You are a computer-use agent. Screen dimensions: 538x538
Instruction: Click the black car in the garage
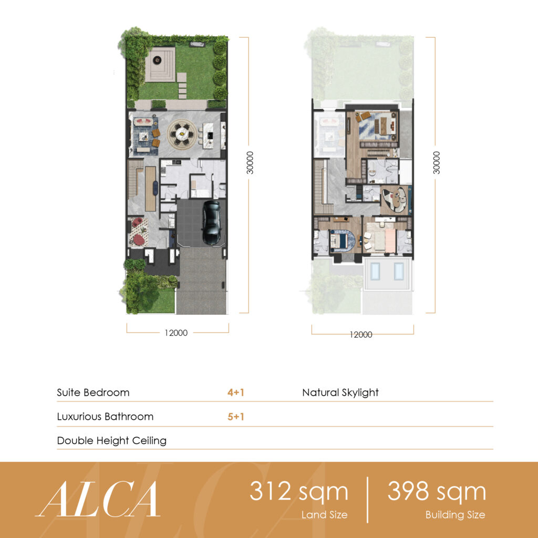211,223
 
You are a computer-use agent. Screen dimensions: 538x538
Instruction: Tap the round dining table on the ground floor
181,133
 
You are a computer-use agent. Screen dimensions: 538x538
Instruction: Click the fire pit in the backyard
157,60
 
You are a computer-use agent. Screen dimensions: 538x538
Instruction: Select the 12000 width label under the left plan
176,333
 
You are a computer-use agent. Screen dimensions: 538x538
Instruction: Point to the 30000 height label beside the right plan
436,163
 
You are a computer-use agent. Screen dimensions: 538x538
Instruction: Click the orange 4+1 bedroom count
236,392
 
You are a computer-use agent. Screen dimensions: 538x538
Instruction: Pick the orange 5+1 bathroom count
236,417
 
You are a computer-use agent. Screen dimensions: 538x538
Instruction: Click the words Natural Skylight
340,392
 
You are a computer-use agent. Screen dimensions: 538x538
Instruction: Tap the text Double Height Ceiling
112,441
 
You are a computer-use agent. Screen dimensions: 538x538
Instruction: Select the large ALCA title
98,499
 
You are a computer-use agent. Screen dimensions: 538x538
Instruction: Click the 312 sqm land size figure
299,491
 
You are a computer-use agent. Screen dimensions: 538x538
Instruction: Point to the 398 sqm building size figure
437,491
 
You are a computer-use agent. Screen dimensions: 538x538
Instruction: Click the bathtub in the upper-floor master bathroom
373,170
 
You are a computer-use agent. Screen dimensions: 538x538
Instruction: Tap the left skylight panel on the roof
375,271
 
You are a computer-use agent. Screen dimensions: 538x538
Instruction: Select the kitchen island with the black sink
208,136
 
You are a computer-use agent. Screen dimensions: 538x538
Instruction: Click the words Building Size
456,515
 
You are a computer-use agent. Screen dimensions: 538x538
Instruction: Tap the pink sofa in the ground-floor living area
143,121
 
